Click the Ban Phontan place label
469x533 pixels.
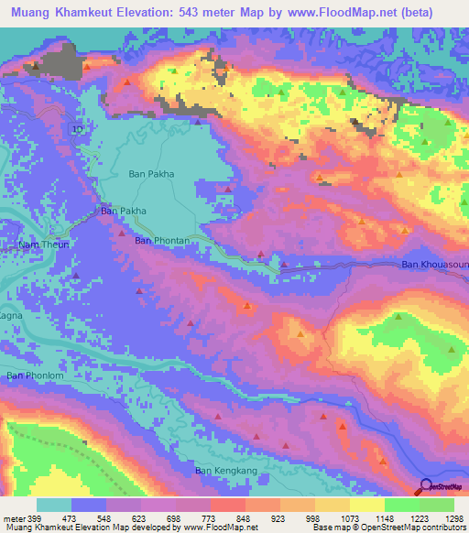[x=162, y=241]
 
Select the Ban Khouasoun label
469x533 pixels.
[x=435, y=266]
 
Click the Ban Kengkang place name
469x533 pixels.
[x=222, y=471]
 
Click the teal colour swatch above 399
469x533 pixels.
[x=54, y=505]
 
